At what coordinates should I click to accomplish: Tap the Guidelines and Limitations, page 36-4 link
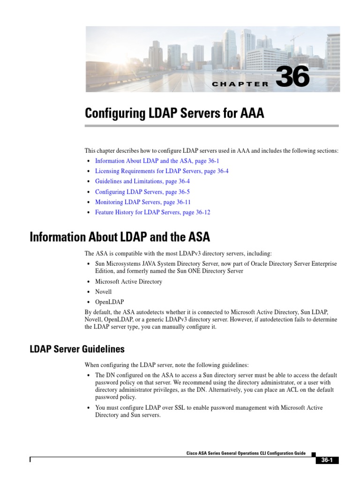tap(142, 181)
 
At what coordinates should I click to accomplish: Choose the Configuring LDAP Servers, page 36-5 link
tap(142, 192)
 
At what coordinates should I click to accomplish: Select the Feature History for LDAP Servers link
tap(153, 212)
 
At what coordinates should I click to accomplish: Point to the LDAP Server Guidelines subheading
tap(77, 349)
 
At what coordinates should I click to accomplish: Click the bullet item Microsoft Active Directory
tap(128, 282)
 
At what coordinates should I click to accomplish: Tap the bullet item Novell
tap(103, 292)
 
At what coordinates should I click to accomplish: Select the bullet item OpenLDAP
tap(109, 302)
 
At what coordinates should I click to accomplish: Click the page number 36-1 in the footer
tap(327, 461)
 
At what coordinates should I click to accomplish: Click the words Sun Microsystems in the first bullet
tap(117, 264)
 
